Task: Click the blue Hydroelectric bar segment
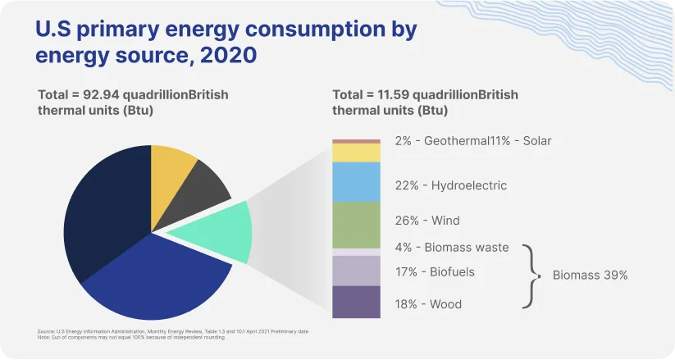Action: (x=356, y=181)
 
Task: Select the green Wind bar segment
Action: (x=356, y=225)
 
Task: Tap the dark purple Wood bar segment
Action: (x=356, y=302)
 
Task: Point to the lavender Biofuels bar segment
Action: (x=356, y=271)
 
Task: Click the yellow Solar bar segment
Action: (x=356, y=153)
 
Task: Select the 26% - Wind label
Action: (x=426, y=221)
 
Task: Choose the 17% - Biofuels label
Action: (x=434, y=271)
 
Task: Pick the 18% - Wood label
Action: (x=427, y=304)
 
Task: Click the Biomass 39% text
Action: (x=589, y=276)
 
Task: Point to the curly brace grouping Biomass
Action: (x=533, y=275)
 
